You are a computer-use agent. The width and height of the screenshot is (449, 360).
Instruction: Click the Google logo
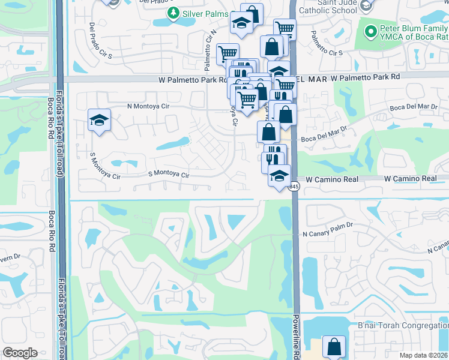tap(20, 353)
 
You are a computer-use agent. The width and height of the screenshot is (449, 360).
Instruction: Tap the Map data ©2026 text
tap(423, 355)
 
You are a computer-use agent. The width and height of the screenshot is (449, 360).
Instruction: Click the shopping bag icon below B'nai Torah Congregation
tap(334, 347)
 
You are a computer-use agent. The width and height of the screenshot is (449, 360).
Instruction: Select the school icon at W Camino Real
tap(279, 176)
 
